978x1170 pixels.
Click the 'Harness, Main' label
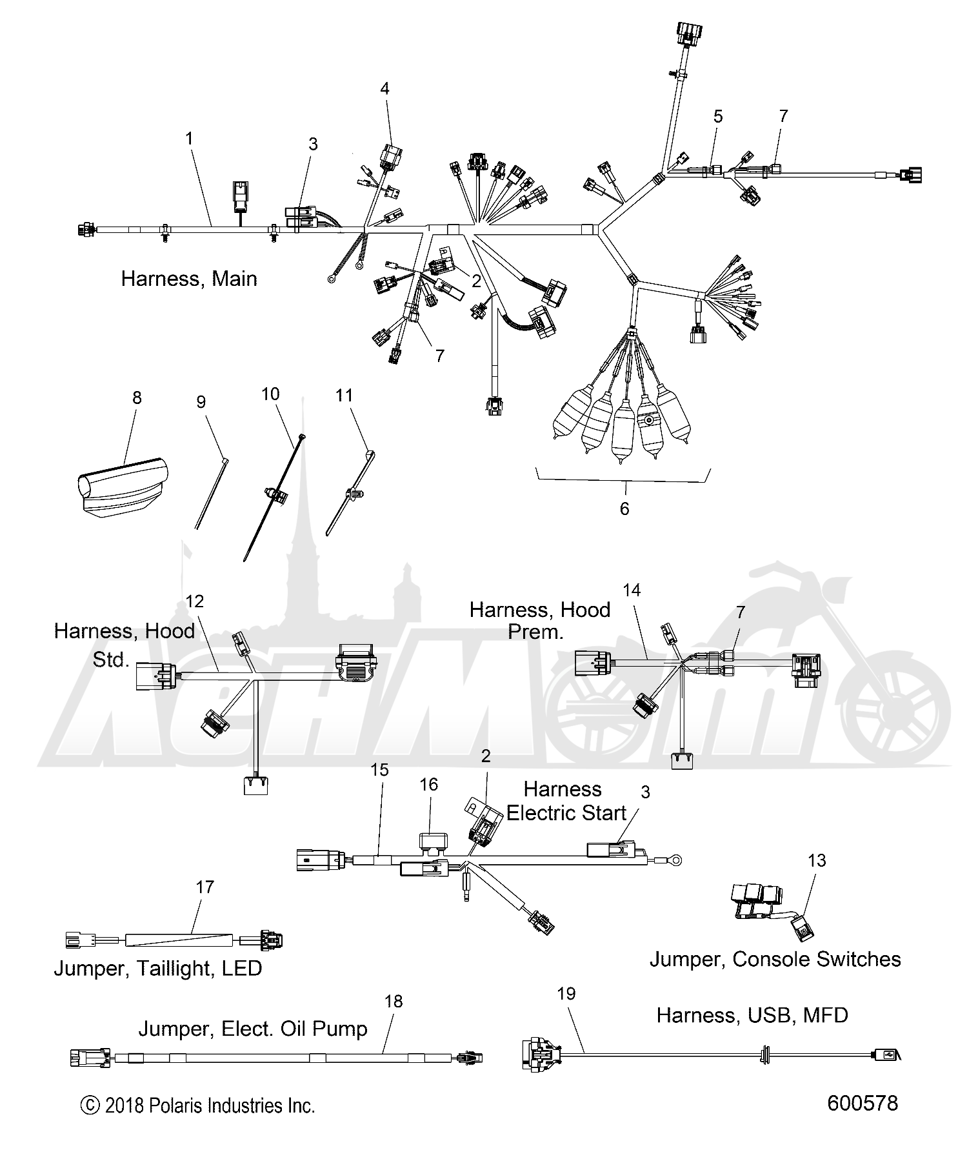tap(189, 279)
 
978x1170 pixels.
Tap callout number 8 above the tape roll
tap(137, 398)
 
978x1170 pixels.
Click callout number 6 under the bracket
tap(624, 509)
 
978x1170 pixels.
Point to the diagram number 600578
tap(862, 1103)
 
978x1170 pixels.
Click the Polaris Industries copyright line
tap(197, 1105)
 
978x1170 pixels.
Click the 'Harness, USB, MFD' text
tap(752, 1015)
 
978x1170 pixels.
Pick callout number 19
tap(566, 993)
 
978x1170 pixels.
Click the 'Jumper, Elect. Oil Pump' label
tap(253, 1028)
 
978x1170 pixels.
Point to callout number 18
tap(393, 1001)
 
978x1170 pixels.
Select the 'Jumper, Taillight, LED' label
tap(157, 969)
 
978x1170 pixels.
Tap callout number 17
tap(205, 887)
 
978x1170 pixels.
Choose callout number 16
tap(428, 784)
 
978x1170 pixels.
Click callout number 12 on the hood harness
tap(194, 601)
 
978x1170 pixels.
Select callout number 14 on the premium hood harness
tap(632, 590)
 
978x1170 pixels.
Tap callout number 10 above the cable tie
tap(270, 393)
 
